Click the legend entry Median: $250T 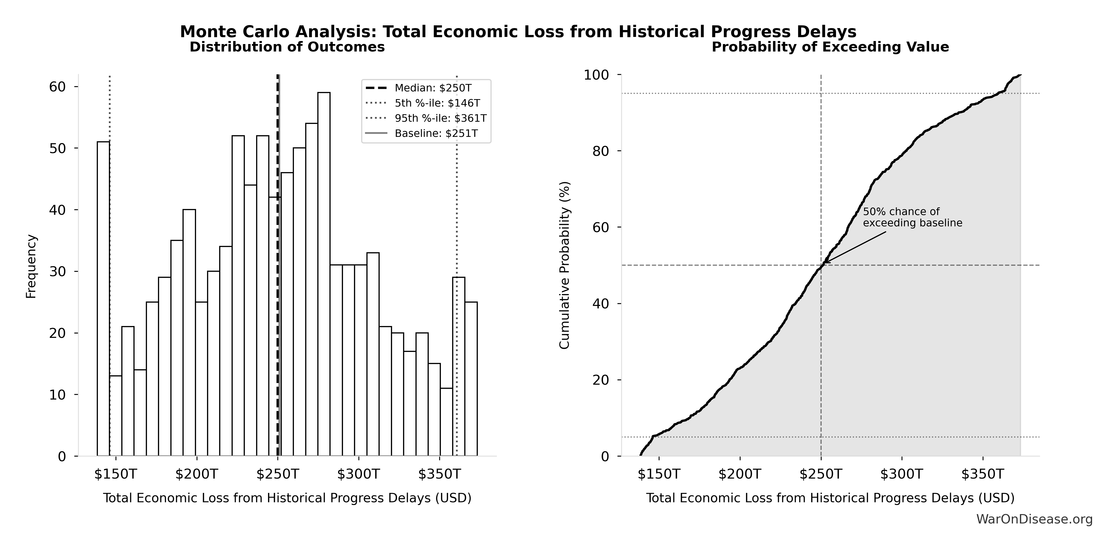click(433, 88)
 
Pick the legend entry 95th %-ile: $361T click(440, 118)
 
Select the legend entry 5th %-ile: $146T click(437, 103)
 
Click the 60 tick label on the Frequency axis click(57, 87)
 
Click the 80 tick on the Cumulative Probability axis click(601, 151)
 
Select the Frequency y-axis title click(31, 266)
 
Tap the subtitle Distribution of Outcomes click(287, 47)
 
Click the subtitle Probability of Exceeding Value click(830, 47)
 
